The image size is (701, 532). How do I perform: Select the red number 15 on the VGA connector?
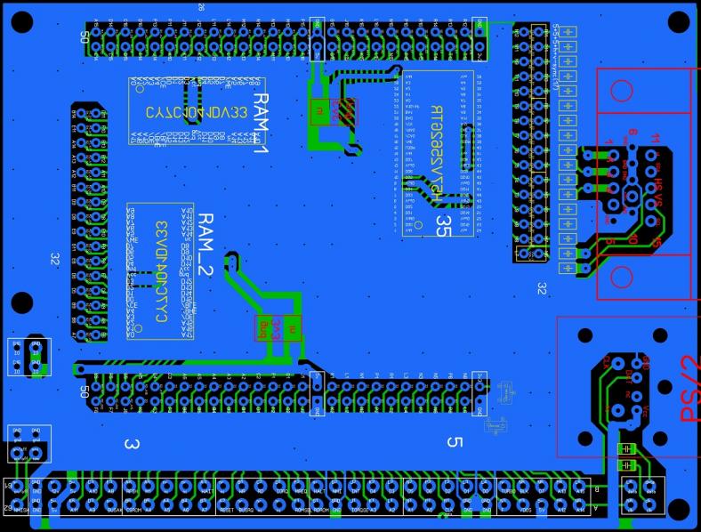coord(656,243)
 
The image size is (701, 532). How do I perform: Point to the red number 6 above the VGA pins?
coord(632,133)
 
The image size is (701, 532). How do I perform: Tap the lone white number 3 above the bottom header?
coord(131,443)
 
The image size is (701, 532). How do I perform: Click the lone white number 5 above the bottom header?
coord(455,442)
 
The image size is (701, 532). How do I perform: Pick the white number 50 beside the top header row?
coord(85,37)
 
